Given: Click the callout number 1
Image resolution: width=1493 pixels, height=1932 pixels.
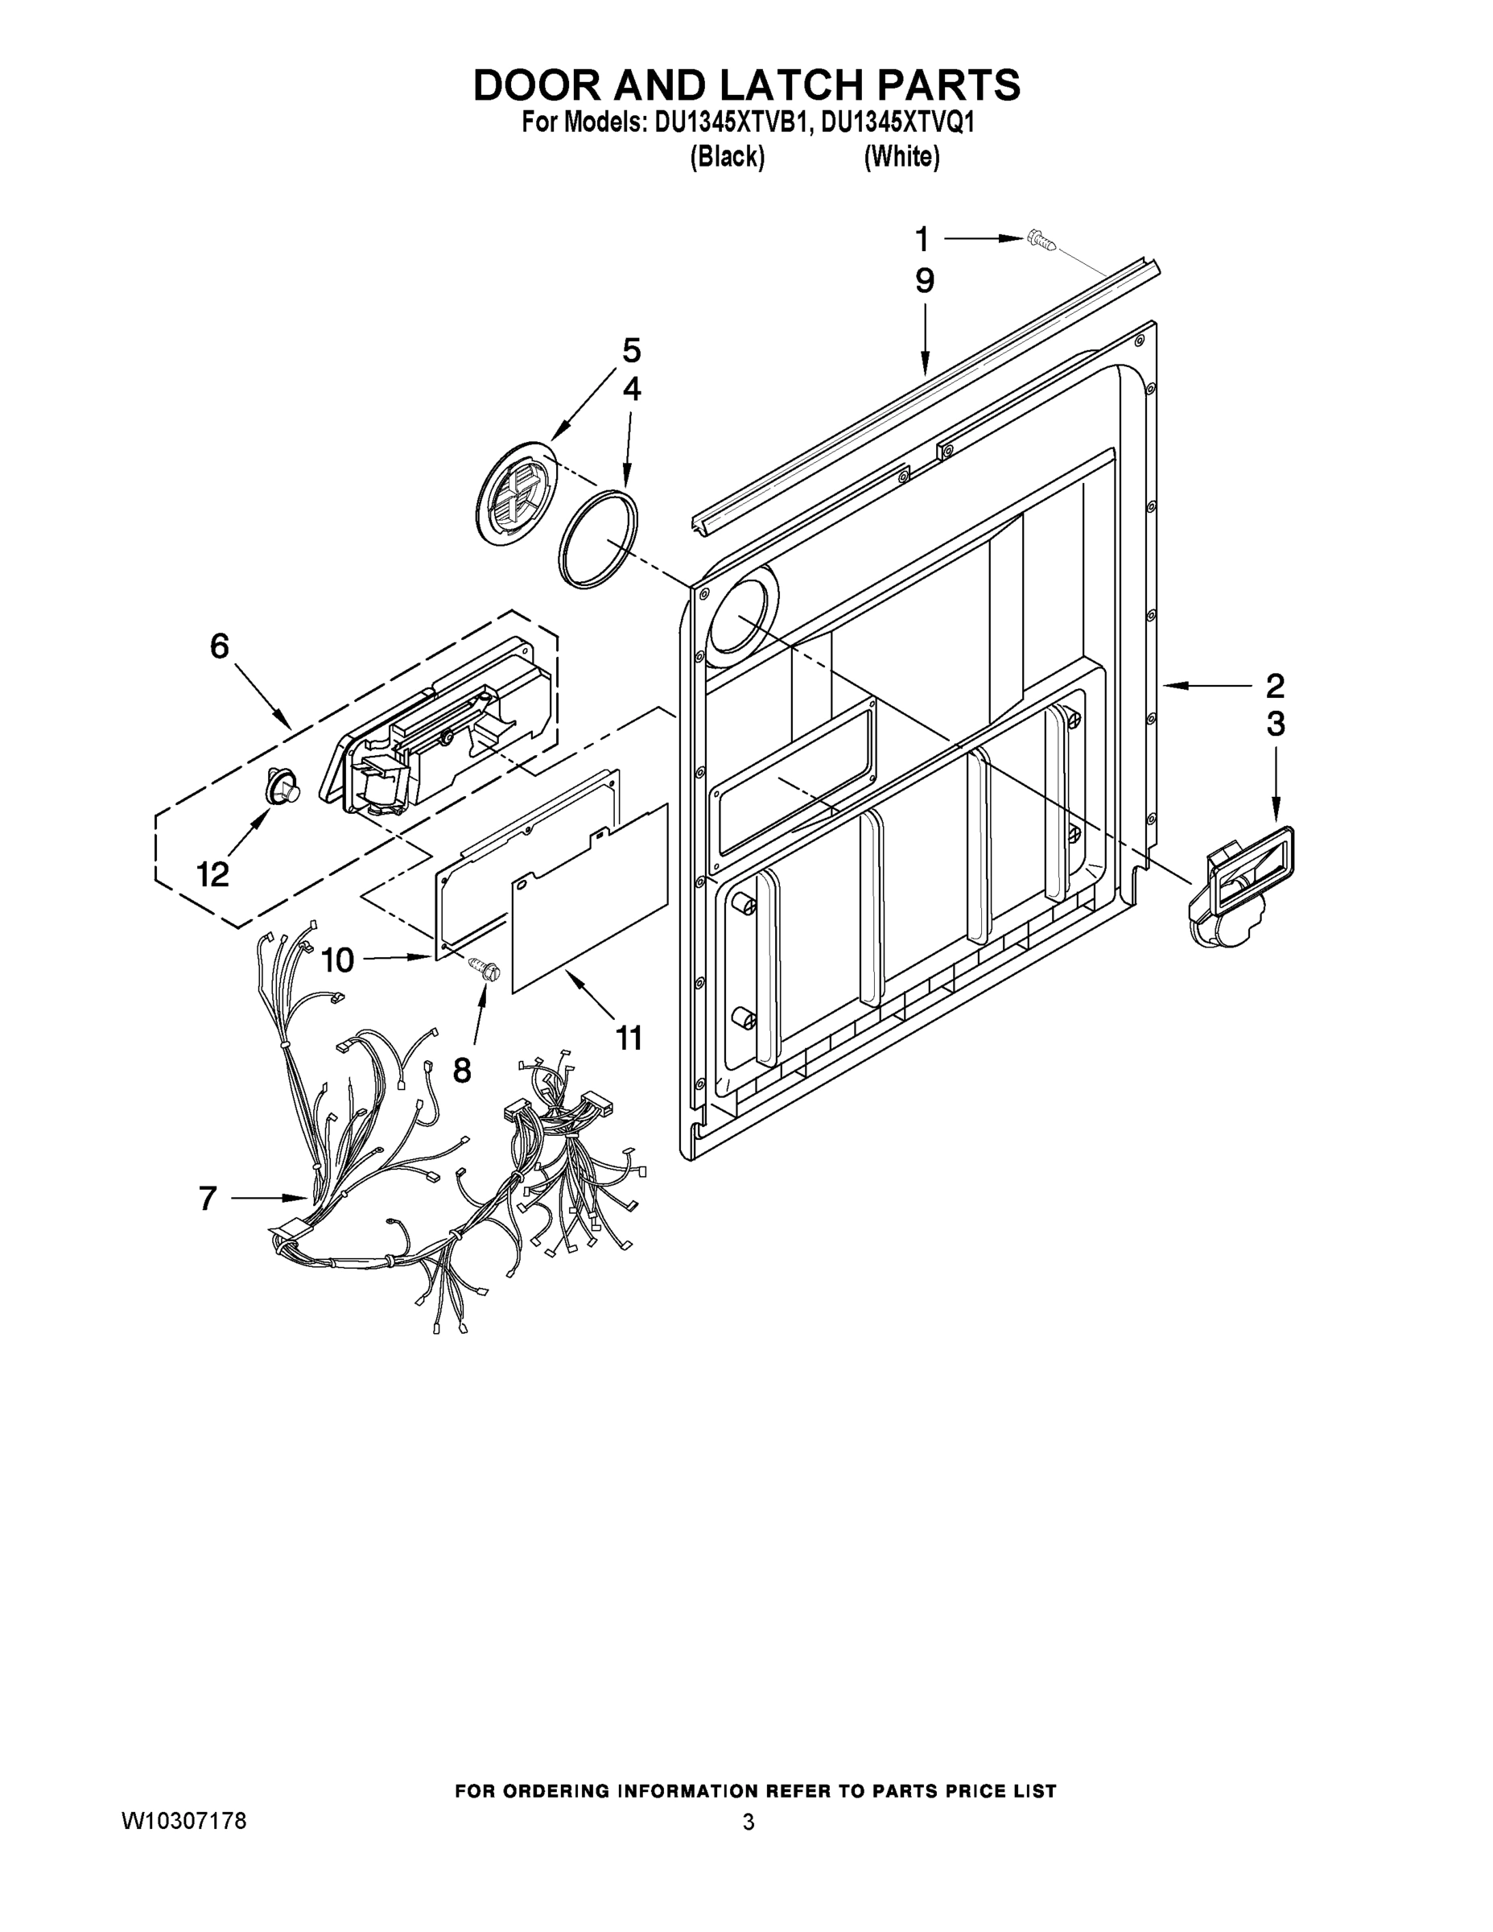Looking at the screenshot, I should point(922,239).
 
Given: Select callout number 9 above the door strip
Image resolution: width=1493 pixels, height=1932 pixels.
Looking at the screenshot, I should point(924,281).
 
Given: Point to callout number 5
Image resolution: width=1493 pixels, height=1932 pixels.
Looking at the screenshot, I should point(631,351).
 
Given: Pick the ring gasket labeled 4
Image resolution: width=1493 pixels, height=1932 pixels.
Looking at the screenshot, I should point(598,538).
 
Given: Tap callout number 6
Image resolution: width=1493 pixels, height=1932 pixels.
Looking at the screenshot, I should point(220,646).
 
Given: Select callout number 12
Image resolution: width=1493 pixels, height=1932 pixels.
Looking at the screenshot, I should point(213,875).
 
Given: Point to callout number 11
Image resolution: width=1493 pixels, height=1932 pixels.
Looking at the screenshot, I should point(629,1038).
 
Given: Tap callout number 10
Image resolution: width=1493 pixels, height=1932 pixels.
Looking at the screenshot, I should point(337,960).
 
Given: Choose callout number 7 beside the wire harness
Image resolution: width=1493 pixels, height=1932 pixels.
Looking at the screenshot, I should point(207,1198).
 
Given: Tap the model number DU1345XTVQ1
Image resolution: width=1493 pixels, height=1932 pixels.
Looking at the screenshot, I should point(897,122).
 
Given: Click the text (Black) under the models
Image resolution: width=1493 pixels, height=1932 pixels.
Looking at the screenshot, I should point(727,157).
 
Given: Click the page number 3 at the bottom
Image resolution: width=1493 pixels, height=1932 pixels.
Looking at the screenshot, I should point(749,1823).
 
